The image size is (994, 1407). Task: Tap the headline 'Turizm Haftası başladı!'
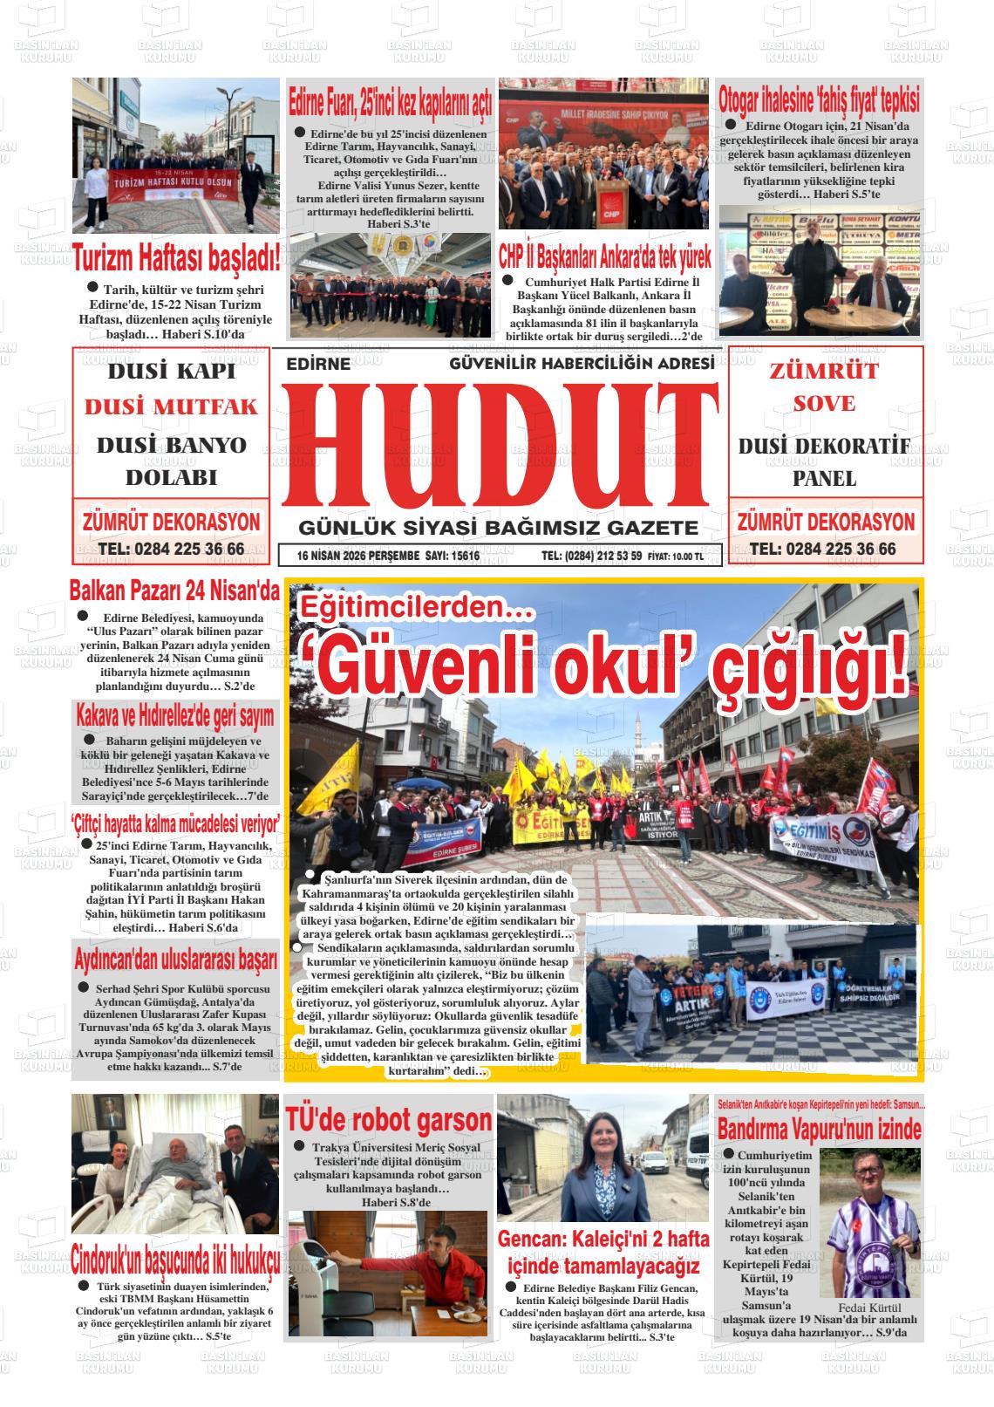pos(176,257)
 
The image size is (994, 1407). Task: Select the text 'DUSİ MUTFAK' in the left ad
pos(172,406)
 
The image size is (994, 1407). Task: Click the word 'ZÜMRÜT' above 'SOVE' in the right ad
pos(824,371)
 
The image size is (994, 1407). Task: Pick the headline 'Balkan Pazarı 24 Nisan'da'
pos(174,591)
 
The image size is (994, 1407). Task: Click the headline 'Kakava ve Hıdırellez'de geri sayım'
pos(174,716)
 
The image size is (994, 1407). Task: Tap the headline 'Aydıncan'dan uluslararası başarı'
pos(175,960)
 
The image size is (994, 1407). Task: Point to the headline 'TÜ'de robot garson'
pos(389,1119)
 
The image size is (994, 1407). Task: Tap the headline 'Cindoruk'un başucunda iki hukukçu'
pos(176,1259)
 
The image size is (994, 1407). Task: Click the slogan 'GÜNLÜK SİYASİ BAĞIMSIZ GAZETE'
pos(498,528)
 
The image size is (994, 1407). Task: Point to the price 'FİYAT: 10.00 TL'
pos(676,557)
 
